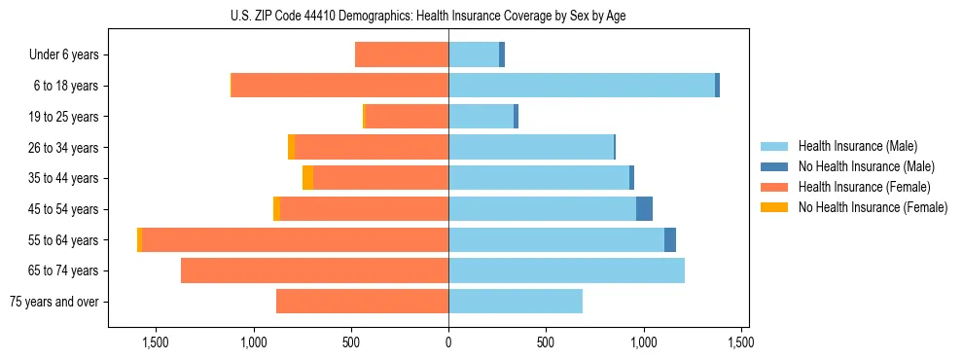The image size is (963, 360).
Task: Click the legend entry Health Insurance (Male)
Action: point(856,146)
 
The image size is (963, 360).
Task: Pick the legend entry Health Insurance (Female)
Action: point(864,187)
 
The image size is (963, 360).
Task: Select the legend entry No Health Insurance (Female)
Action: point(872,207)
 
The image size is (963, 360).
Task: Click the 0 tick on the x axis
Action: point(448,342)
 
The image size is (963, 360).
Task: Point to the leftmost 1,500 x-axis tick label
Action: point(156,342)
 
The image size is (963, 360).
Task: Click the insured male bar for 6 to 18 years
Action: point(582,86)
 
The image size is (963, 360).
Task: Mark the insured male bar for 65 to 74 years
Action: point(566,270)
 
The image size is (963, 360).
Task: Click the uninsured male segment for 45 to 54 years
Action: point(644,209)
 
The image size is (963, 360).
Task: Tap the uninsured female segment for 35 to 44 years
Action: point(307,178)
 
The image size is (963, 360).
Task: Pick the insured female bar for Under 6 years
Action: point(402,54)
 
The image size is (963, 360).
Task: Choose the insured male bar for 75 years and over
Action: point(516,302)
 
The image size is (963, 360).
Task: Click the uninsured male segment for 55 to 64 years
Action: point(670,239)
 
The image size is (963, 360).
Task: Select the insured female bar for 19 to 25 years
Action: point(407,117)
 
